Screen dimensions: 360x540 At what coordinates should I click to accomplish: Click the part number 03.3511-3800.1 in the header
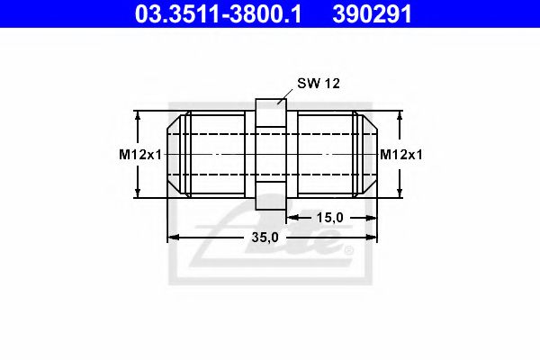pos(219,14)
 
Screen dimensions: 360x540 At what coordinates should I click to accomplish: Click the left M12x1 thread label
pos(139,155)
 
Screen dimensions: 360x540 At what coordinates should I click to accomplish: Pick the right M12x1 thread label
pos(400,155)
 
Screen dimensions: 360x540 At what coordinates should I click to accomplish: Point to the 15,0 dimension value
pos(330,217)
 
